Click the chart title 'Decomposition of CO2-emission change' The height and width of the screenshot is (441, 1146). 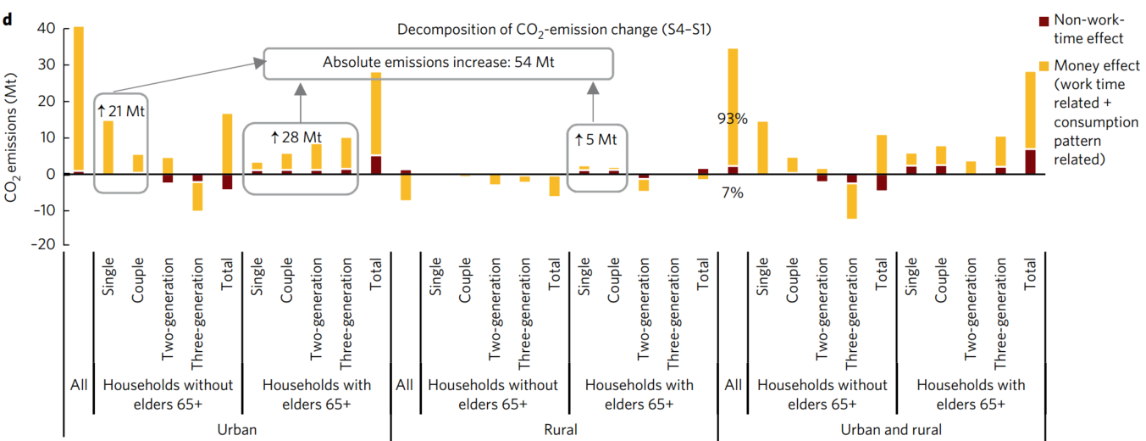click(x=554, y=29)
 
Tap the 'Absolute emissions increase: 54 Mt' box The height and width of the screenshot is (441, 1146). click(x=439, y=63)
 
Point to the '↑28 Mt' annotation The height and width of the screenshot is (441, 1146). click(x=296, y=137)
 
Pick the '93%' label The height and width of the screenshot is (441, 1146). click(x=733, y=119)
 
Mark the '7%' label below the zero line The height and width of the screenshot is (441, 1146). click(x=733, y=193)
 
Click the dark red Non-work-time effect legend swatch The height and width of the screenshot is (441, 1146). click(x=1044, y=21)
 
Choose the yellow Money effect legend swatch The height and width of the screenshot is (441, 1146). click(x=1044, y=65)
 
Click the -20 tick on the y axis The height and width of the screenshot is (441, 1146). click(x=42, y=245)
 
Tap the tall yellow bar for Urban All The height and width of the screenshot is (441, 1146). click(x=79, y=98)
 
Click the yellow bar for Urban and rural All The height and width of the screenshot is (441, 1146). click(x=734, y=106)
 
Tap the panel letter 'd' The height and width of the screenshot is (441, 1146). click(x=8, y=18)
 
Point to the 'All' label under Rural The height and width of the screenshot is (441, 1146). click(x=405, y=385)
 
